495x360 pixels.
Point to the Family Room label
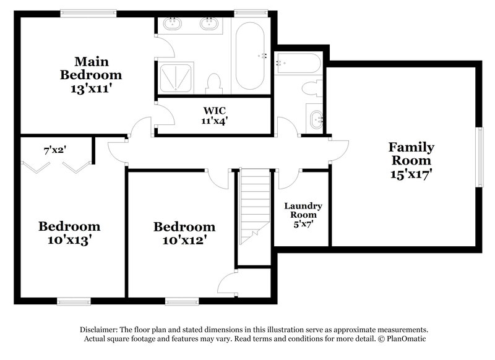[411, 154]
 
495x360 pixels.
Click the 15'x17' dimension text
[411, 174]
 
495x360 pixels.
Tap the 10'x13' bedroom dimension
[69, 240]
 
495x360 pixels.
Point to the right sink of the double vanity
[209, 25]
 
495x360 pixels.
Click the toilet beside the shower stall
[215, 82]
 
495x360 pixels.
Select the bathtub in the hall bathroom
[298, 63]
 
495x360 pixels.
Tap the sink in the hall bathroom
[316, 118]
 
